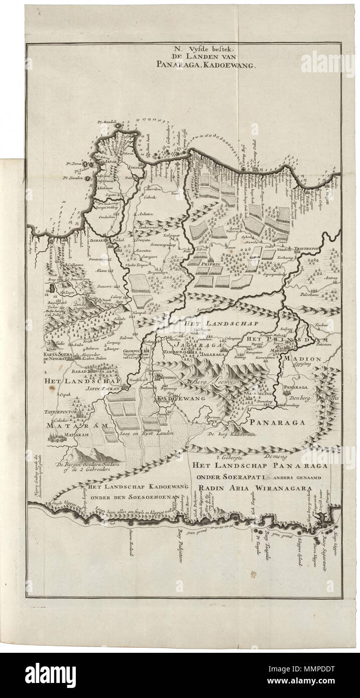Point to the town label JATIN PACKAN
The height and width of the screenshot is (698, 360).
click(100, 388)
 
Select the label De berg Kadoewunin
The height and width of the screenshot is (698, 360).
click(232, 433)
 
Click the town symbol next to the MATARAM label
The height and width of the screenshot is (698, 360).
click(59, 436)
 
